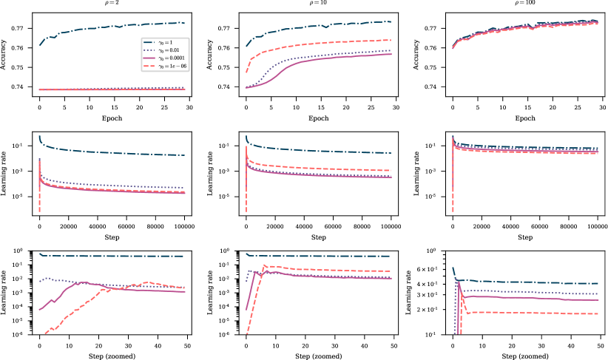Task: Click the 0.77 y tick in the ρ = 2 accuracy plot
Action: pos(23,28)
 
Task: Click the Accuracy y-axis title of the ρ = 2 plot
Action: pos(6,58)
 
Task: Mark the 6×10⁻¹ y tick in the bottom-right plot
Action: pos(433,268)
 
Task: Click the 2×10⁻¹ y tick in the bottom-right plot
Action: pos(433,309)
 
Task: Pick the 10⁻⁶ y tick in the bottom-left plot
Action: pos(23,335)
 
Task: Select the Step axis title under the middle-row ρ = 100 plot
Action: pos(525,237)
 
